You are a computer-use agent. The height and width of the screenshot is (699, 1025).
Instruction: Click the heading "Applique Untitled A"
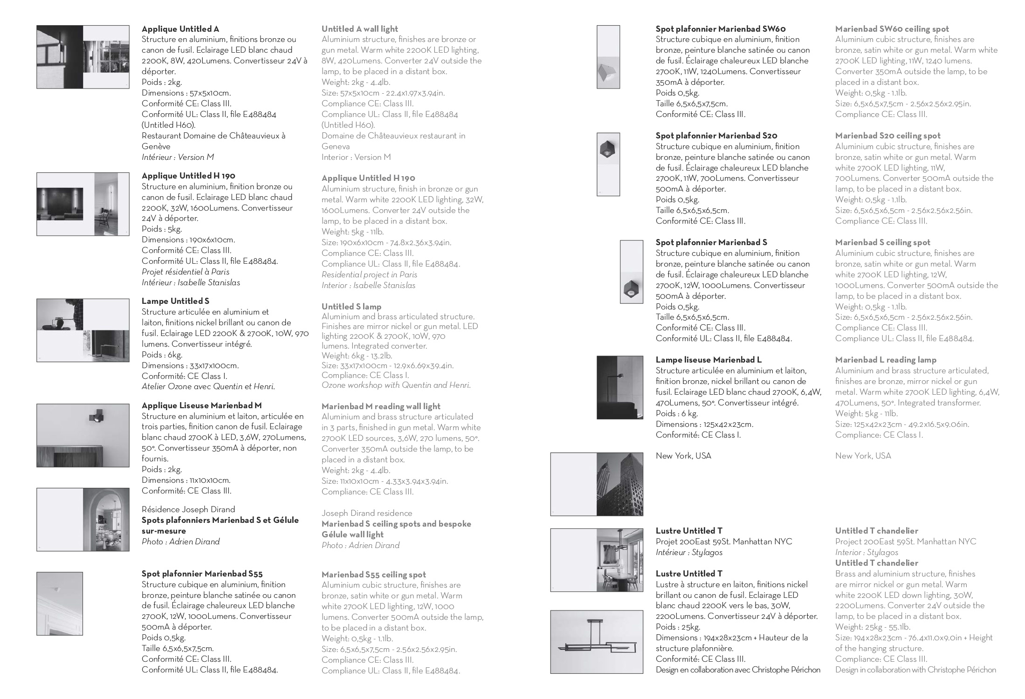180,29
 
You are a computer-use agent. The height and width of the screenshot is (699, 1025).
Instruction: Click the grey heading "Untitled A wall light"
359,29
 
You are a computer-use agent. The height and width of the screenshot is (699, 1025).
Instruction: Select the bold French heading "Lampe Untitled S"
175,301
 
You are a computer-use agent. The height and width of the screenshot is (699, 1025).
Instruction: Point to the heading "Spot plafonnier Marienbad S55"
202,574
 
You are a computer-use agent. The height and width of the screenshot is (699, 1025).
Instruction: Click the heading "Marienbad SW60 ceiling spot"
892,29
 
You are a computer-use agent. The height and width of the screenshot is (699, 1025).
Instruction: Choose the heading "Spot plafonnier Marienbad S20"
716,136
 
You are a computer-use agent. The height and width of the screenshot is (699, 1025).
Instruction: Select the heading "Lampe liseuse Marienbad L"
709,360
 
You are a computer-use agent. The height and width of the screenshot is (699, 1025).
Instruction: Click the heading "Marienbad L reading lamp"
886,360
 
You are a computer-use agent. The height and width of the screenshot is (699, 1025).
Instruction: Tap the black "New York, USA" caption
683,456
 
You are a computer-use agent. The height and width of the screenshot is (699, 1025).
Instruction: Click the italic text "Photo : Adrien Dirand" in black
180,541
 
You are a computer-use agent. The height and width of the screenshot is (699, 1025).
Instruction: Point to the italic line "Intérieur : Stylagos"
689,552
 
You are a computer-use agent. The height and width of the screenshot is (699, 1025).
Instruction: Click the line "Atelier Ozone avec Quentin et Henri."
208,386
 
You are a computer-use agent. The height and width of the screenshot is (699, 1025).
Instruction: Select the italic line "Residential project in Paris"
369,274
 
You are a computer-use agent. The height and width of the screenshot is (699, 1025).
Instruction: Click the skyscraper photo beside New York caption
619,484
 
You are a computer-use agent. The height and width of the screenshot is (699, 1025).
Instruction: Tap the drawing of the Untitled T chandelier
597,642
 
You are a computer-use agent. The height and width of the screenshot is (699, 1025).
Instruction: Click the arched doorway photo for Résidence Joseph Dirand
106,520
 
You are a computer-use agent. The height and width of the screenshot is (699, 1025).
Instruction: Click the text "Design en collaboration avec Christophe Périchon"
738,670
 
